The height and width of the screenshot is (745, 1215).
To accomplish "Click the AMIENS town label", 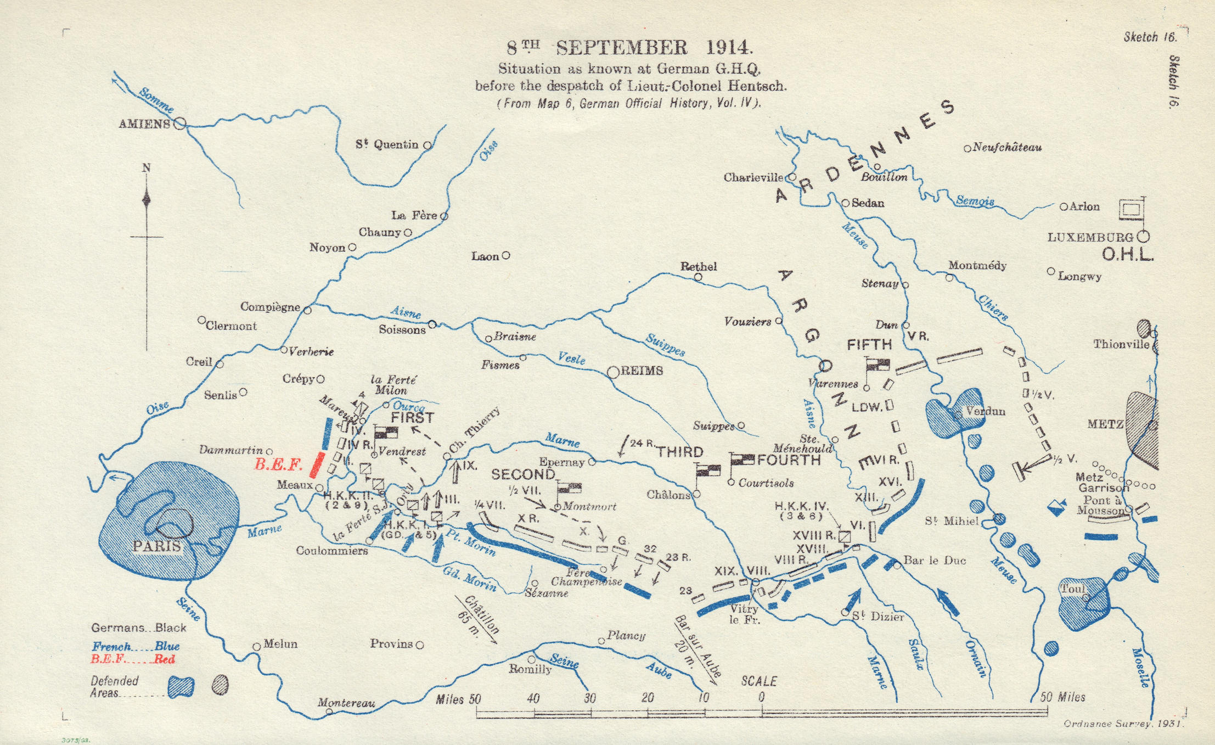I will point(144,124).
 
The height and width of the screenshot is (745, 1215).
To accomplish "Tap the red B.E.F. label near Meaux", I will point(278,465).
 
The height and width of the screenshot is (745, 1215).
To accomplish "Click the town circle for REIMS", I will point(613,373).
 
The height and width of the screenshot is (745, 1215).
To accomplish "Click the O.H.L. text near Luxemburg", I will point(1128,255).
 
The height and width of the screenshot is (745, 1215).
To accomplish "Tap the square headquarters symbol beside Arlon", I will point(1131,209).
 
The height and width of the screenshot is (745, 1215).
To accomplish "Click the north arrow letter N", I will point(146,168).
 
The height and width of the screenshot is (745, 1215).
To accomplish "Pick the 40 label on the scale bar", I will point(533,698).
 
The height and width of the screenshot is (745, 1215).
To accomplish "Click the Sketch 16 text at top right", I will point(1149,37).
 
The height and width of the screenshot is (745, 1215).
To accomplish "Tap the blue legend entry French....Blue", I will point(136,646).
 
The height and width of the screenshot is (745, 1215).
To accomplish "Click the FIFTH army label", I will point(869,345).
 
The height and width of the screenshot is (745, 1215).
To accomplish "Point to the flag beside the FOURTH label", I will point(741,460).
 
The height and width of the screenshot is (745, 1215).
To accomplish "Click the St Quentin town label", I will point(386,145).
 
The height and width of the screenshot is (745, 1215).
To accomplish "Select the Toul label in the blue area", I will point(1072,589).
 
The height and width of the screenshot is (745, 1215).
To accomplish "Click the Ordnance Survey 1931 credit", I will point(1123,724).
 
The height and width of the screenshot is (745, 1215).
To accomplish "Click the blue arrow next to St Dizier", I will point(854,600).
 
